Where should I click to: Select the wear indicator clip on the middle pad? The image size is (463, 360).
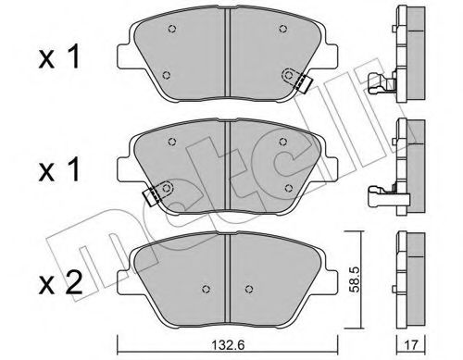pyautogui.click(x=153, y=193)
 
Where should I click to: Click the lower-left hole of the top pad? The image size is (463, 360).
pyautogui.click(x=165, y=75)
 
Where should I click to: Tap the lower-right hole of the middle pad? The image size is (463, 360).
pyautogui.click(x=291, y=187)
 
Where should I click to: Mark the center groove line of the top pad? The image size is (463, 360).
pyautogui.click(x=228, y=56)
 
